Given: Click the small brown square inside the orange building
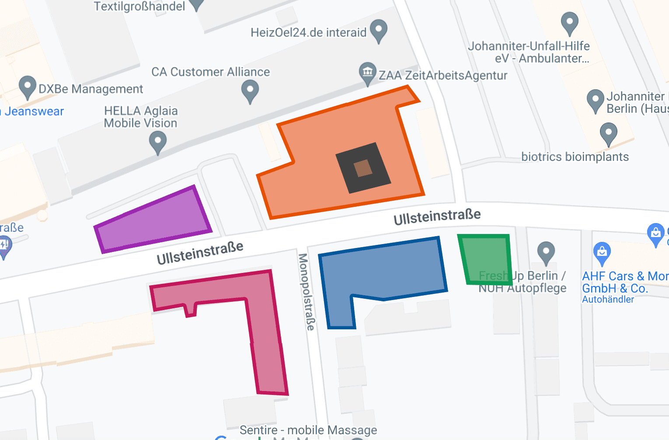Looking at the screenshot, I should (363, 168).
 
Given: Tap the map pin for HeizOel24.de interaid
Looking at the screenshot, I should (378, 30).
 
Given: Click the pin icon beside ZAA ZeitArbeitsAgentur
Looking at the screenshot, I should (368, 73).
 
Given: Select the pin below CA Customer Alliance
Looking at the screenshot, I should (250, 91).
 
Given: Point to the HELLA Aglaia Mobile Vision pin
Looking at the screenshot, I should (158, 142).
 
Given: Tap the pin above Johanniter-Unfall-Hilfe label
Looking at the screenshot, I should (569, 22).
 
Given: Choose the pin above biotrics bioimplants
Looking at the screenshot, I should (608, 133).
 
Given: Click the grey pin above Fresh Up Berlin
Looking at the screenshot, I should (546, 252).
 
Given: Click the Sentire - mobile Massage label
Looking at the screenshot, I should (308, 430).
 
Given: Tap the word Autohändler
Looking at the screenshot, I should (608, 300).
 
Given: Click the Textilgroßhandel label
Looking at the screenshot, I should (139, 7).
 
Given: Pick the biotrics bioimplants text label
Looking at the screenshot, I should (575, 157).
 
